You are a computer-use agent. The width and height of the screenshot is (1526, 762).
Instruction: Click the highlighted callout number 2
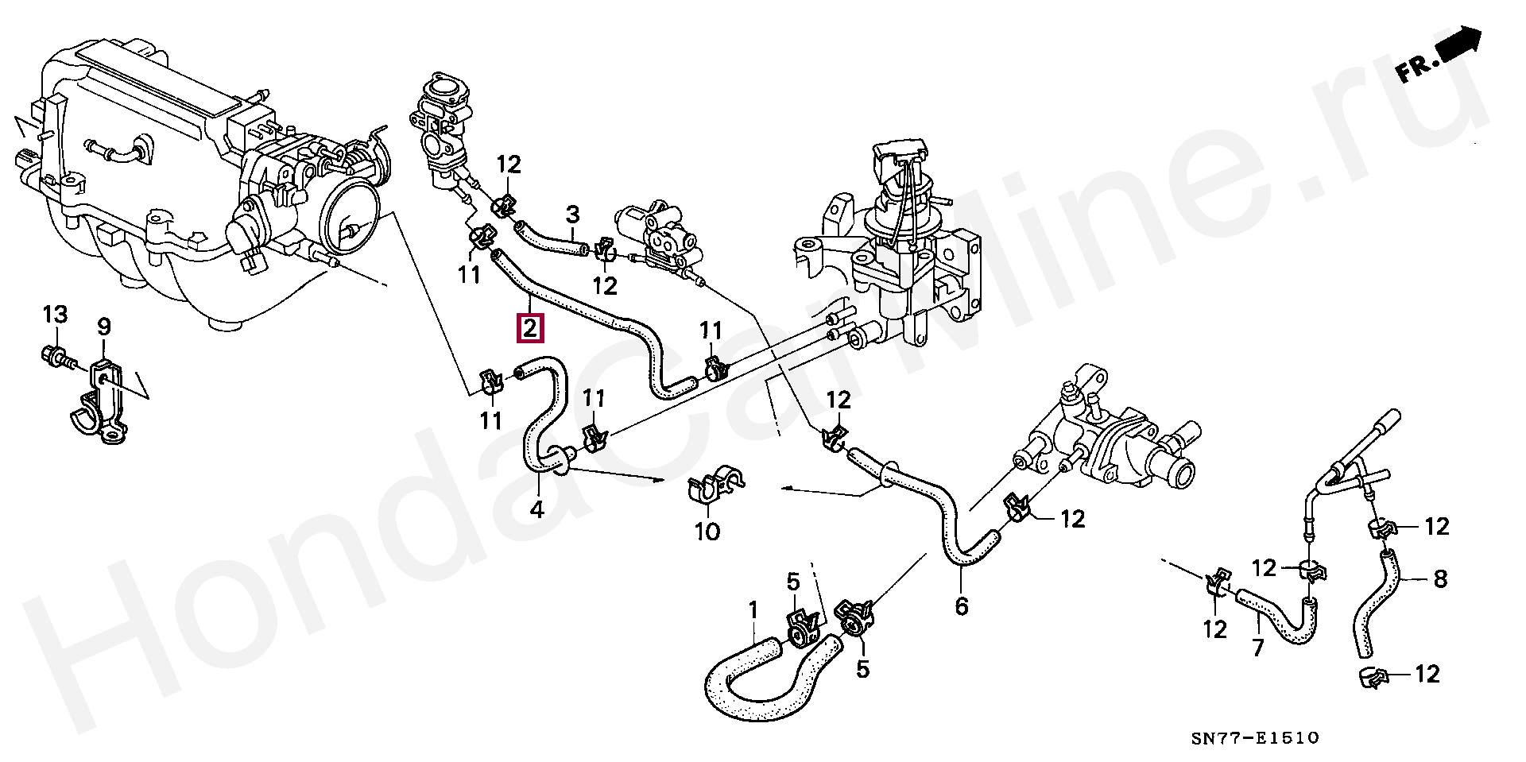pos(530,327)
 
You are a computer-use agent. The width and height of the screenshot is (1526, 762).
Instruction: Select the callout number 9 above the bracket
pos(104,327)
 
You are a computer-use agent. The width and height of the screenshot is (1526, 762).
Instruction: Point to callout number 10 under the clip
pos(707,530)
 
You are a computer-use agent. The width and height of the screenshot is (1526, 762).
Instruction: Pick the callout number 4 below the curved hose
pos(537,509)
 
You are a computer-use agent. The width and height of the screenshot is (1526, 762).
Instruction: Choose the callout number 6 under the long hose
pos(961,607)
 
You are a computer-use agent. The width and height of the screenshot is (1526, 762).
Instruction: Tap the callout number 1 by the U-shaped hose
pos(753,611)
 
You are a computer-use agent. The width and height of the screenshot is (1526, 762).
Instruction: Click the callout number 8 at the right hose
pos(1440,579)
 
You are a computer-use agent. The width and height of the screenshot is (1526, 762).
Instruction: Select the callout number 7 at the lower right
pos(1257,648)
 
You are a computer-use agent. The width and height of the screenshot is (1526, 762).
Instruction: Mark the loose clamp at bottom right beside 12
pos(1373,678)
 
